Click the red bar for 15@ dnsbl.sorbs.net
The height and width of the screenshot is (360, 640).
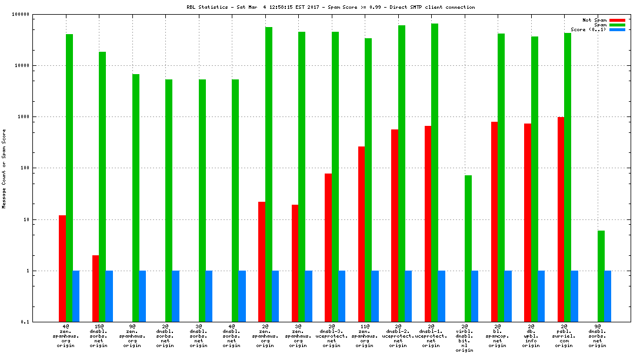coord(95,288)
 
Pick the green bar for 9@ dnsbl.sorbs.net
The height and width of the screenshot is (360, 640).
coord(601,276)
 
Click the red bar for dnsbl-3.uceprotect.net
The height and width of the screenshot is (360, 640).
coord(328,248)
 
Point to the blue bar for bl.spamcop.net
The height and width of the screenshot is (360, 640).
coord(508,296)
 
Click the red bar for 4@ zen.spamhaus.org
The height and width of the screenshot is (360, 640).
coord(62,268)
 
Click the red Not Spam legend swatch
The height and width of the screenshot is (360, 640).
coord(617,20)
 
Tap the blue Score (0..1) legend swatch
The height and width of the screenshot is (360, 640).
coord(617,29)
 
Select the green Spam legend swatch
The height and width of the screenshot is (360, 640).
coord(617,25)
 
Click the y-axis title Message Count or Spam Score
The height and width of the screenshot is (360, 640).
coord(4,169)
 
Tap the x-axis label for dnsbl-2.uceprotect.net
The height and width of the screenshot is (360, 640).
coord(398,335)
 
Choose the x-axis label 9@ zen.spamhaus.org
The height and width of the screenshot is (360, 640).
coord(132,335)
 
